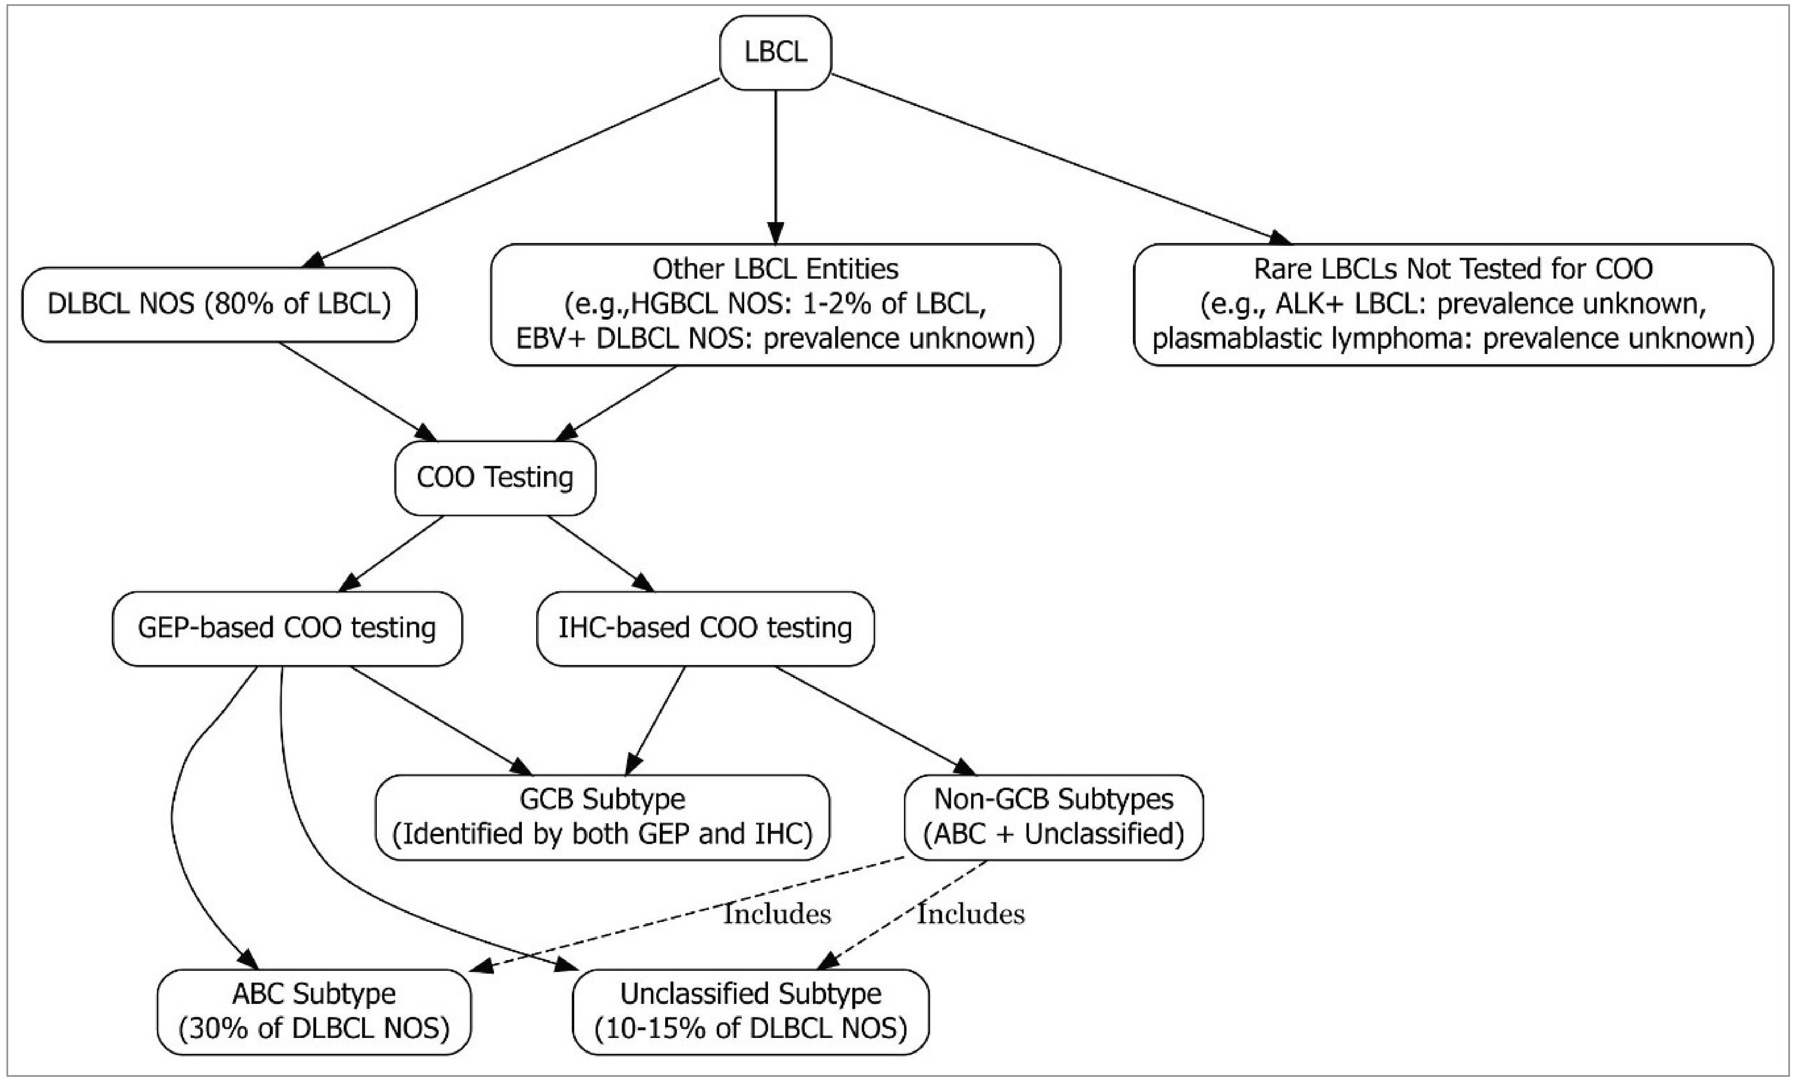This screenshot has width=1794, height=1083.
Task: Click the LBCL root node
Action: pos(775,52)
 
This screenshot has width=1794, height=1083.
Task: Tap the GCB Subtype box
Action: pos(602,816)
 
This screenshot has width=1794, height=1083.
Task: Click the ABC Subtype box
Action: pos(314,1011)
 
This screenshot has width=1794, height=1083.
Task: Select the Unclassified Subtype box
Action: pos(751,1011)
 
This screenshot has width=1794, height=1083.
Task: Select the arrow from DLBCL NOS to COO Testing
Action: pos(357,391)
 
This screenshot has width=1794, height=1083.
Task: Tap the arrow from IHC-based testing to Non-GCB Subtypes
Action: pos(874,721)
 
